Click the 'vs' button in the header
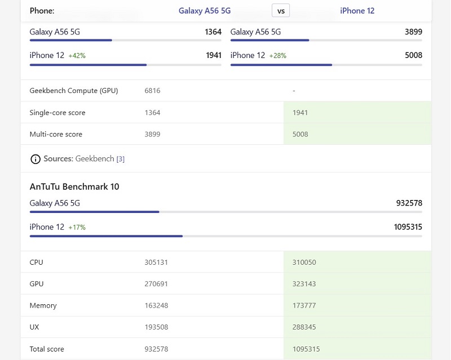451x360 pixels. click(281, 11)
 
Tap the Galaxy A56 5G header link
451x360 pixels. click(205, 11)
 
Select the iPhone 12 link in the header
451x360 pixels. click(357, 11)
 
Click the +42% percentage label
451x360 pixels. click(77, 56)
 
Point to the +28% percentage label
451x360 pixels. click(278, 56)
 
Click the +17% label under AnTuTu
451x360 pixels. click(77, 228)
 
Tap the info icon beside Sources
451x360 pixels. click(36, 159)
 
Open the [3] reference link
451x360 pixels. click(121, 159)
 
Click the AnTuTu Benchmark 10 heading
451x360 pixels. click(74, 186)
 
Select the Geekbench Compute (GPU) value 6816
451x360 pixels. click(152, 91)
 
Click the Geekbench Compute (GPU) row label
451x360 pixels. click(74, 91)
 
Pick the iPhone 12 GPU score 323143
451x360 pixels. click(304, 284)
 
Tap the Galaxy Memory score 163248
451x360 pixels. click(156, 305)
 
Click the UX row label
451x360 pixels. click(34, 327)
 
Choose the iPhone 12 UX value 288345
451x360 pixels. click(304, 327)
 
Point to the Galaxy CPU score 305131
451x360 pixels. click(156, 262)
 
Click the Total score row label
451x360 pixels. click(47, 349)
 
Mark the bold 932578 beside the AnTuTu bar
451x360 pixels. click(409, 203)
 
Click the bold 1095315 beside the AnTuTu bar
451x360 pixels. click(408, 227)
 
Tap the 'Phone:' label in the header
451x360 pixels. click(42, 11)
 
